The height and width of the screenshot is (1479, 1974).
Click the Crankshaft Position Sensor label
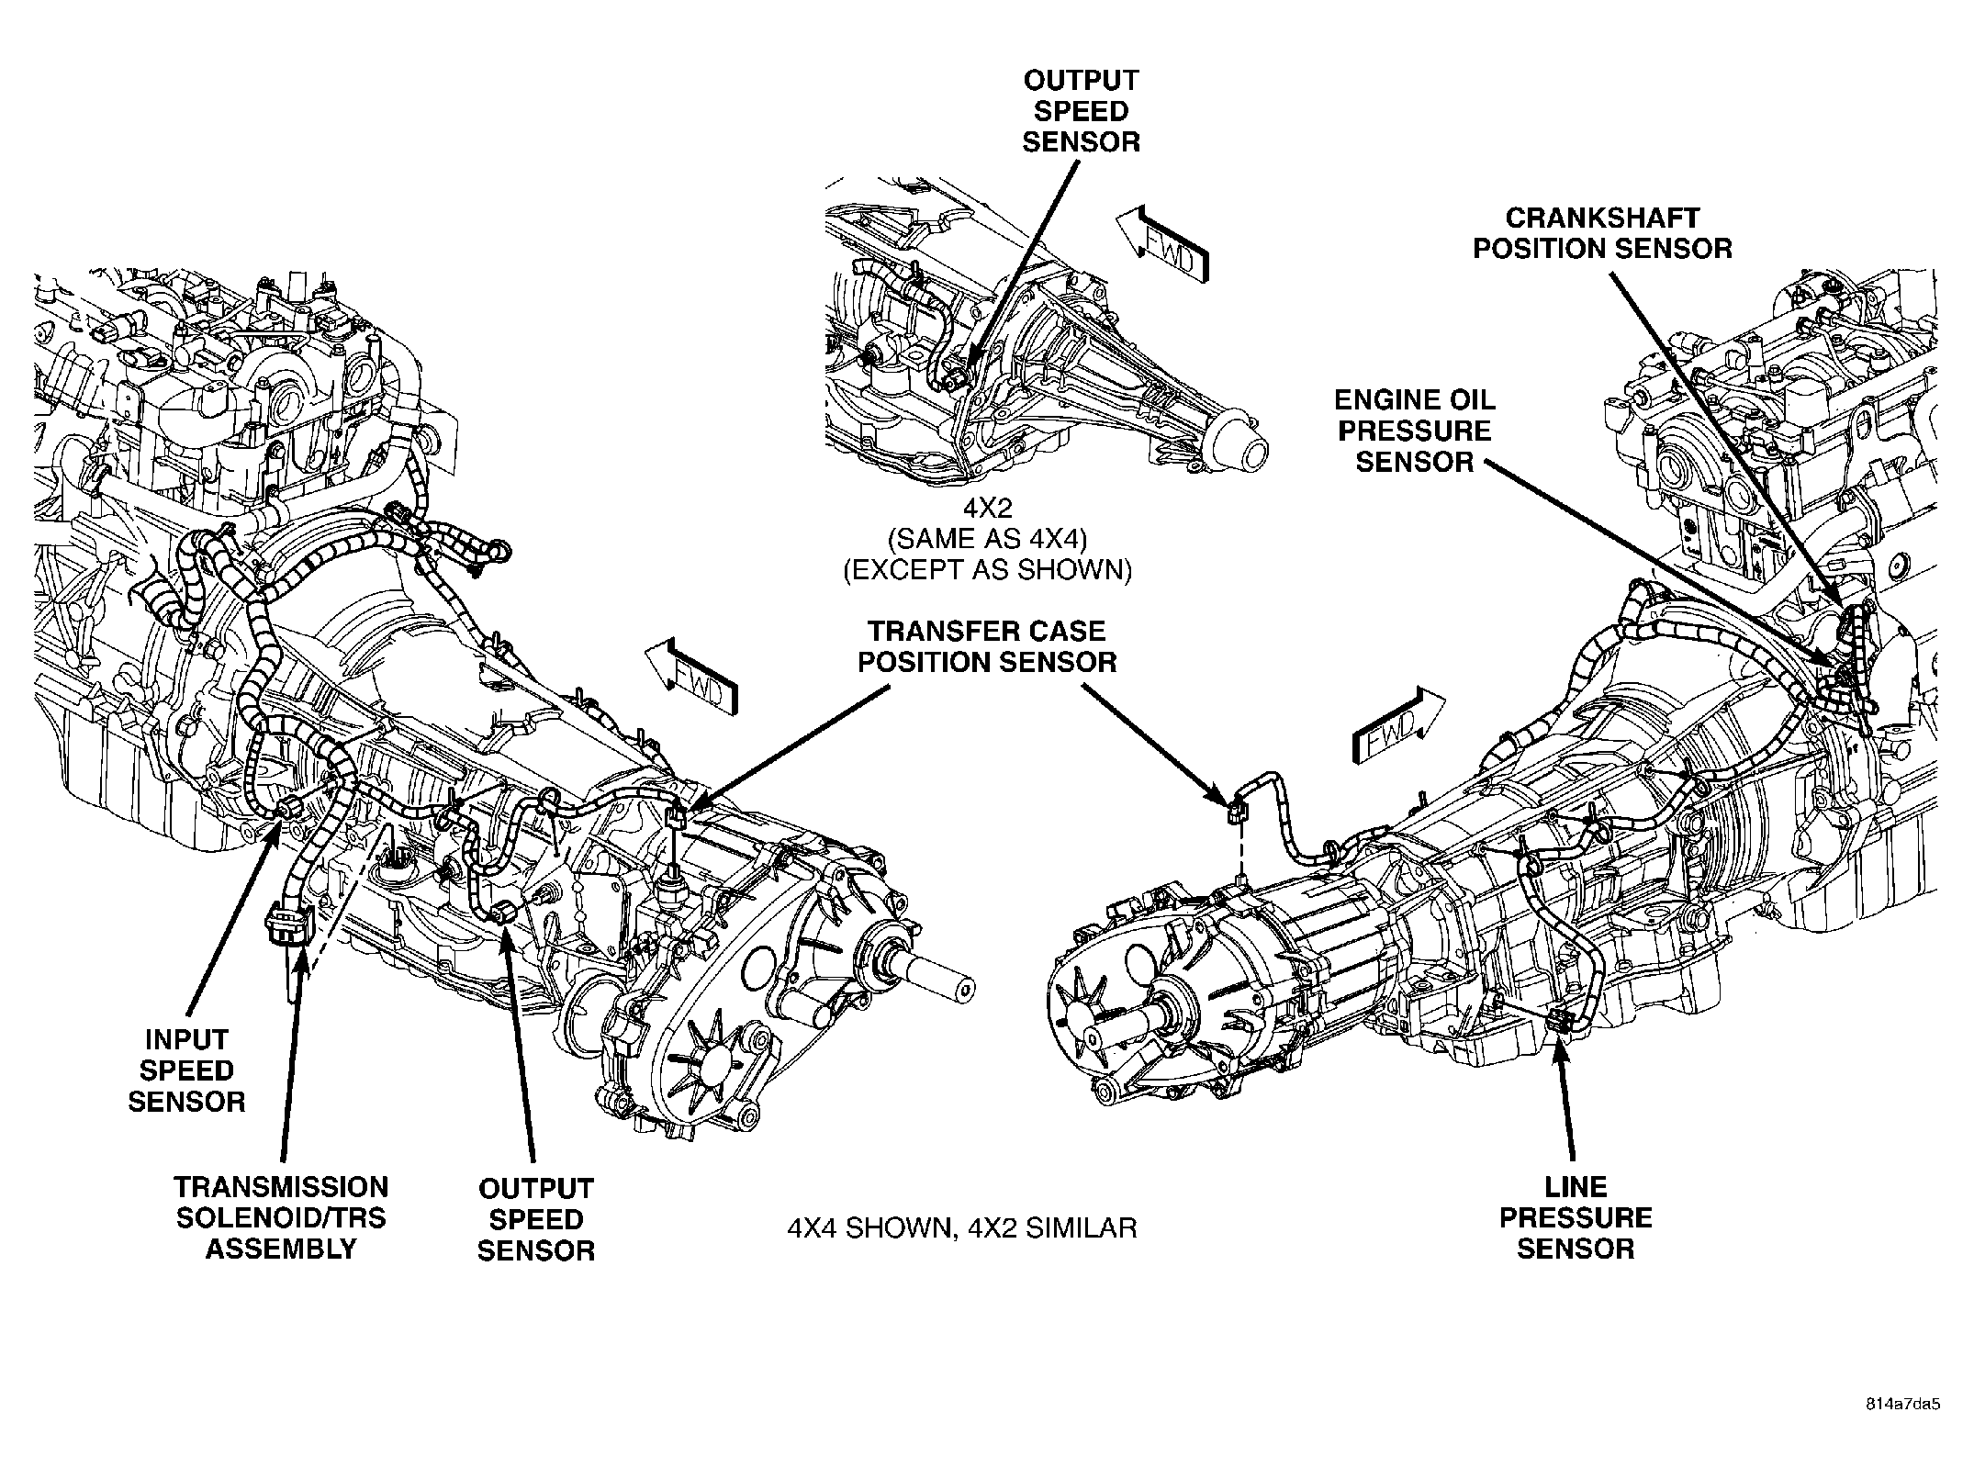coord(1602,233)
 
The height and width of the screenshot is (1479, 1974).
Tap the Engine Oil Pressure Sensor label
coord(1414,431)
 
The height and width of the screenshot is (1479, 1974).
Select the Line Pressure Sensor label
coord(1576,1218)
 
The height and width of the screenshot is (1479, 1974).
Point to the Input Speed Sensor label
coord(186,1070)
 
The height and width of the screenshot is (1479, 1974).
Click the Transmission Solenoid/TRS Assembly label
coord(281,1218)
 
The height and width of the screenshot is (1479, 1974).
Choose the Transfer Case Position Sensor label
coord(987,646)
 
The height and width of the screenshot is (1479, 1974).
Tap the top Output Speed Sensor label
coord(1081,111)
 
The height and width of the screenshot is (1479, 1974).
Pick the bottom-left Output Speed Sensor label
coord(536,1220)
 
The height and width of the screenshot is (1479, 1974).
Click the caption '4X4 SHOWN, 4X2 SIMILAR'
coord(962,1227)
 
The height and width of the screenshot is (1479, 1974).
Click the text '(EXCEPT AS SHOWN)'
coord(987,570)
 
